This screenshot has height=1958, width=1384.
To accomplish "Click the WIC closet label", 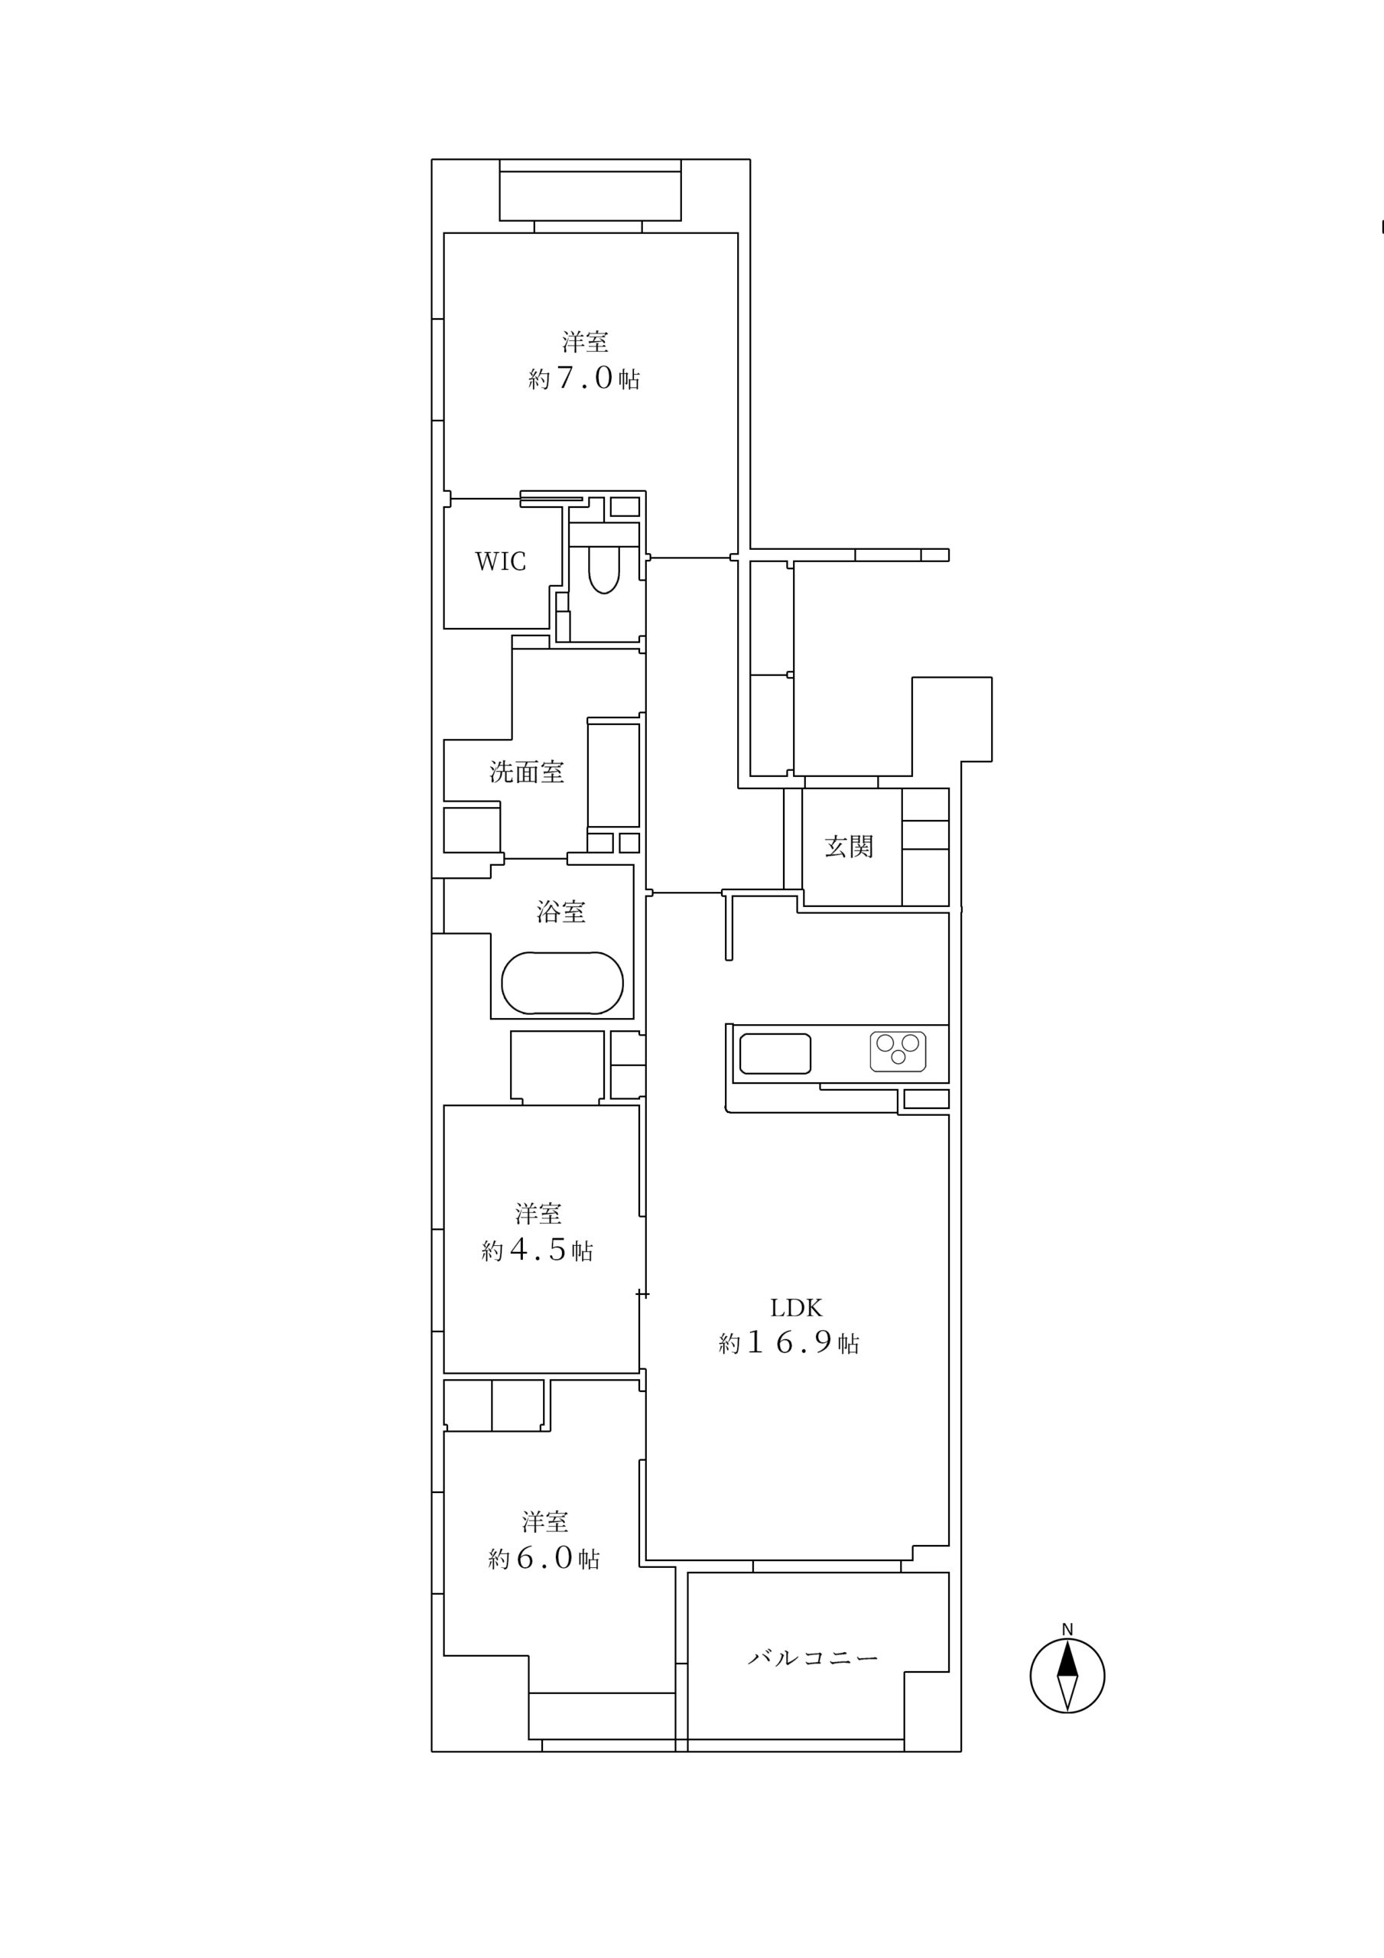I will tap(500, 561).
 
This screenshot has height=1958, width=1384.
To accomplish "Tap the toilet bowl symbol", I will tap(604, 570).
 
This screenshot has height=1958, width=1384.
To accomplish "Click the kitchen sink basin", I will tap(775, 1053).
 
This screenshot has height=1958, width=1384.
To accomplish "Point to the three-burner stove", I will tap(898, 1052).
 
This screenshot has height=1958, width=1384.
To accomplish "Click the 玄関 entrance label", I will tap(849, 847).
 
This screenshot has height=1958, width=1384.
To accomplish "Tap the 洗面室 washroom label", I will tap(526, 772).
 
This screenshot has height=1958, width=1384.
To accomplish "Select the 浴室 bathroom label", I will tap(560, 912).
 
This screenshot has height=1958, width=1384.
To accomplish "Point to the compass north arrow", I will tap(1067, 1676).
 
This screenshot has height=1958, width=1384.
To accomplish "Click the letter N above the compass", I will tap(1067, 1630).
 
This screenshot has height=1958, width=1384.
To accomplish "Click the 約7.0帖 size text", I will tap(584, 378).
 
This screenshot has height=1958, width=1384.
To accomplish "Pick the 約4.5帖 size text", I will tap(538, 1251).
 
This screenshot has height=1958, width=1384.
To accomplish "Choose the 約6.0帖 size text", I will tap(544, 1559).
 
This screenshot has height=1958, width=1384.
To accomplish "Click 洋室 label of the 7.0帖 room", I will tap(585, 342).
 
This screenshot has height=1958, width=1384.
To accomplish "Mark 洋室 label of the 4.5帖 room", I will tap(538, 1214).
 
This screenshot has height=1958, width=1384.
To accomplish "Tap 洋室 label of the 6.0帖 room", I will tap(545, 1521).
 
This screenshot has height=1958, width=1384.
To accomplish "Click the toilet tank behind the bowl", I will tap(604, 534).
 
